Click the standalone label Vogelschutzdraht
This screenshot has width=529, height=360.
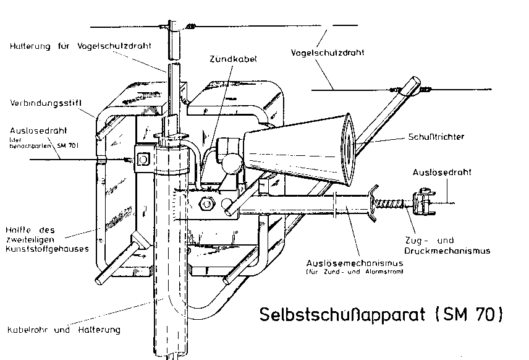click(x=328, y=53)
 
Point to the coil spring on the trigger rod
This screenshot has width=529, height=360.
click(x=391, y=199)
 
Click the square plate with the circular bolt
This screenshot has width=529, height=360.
click(x=143, y=160)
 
